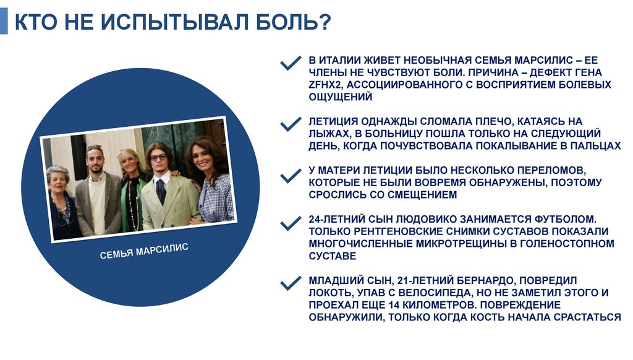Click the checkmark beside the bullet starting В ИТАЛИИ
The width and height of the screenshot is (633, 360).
tap(290, 64)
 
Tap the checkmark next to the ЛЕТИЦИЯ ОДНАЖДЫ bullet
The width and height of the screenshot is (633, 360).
tap(290, 124)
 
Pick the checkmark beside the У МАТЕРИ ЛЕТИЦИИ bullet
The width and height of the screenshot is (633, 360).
tap(290, 176)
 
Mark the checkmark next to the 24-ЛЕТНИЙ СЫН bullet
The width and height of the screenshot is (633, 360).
tap(290, 223)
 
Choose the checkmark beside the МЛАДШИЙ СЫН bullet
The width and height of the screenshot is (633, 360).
tap(290, 284)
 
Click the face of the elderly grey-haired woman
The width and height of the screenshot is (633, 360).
tap(58, 179)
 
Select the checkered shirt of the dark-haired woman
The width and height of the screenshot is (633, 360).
tap(216, 198)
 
